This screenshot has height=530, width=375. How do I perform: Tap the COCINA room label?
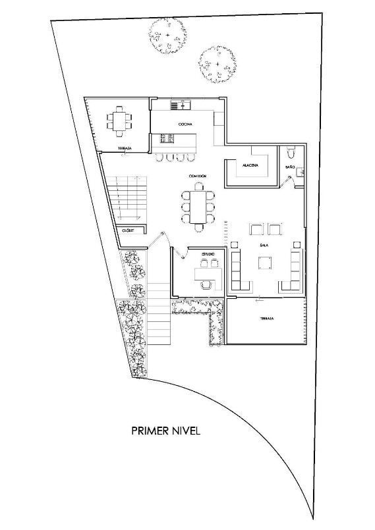pos(184,124)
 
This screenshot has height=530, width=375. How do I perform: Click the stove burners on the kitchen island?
pos(167,138)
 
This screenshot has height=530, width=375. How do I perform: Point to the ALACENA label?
pos(250,165)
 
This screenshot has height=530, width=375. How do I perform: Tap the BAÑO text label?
pos(290,168)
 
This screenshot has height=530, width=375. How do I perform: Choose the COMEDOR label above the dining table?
pos(197,176)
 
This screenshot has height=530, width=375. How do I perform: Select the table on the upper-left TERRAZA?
pos(119,120)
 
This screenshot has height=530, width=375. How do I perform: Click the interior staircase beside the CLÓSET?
pos(126,198)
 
